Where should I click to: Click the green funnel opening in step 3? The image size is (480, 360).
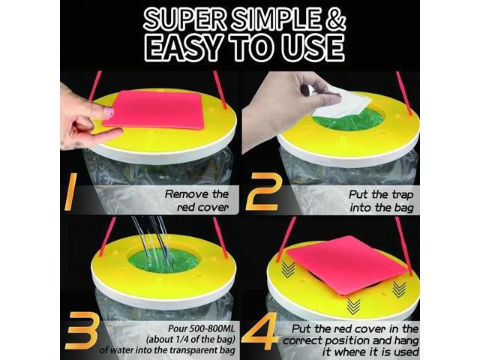coord(163,260)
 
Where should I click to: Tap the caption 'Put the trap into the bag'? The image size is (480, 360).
coord(381,200)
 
